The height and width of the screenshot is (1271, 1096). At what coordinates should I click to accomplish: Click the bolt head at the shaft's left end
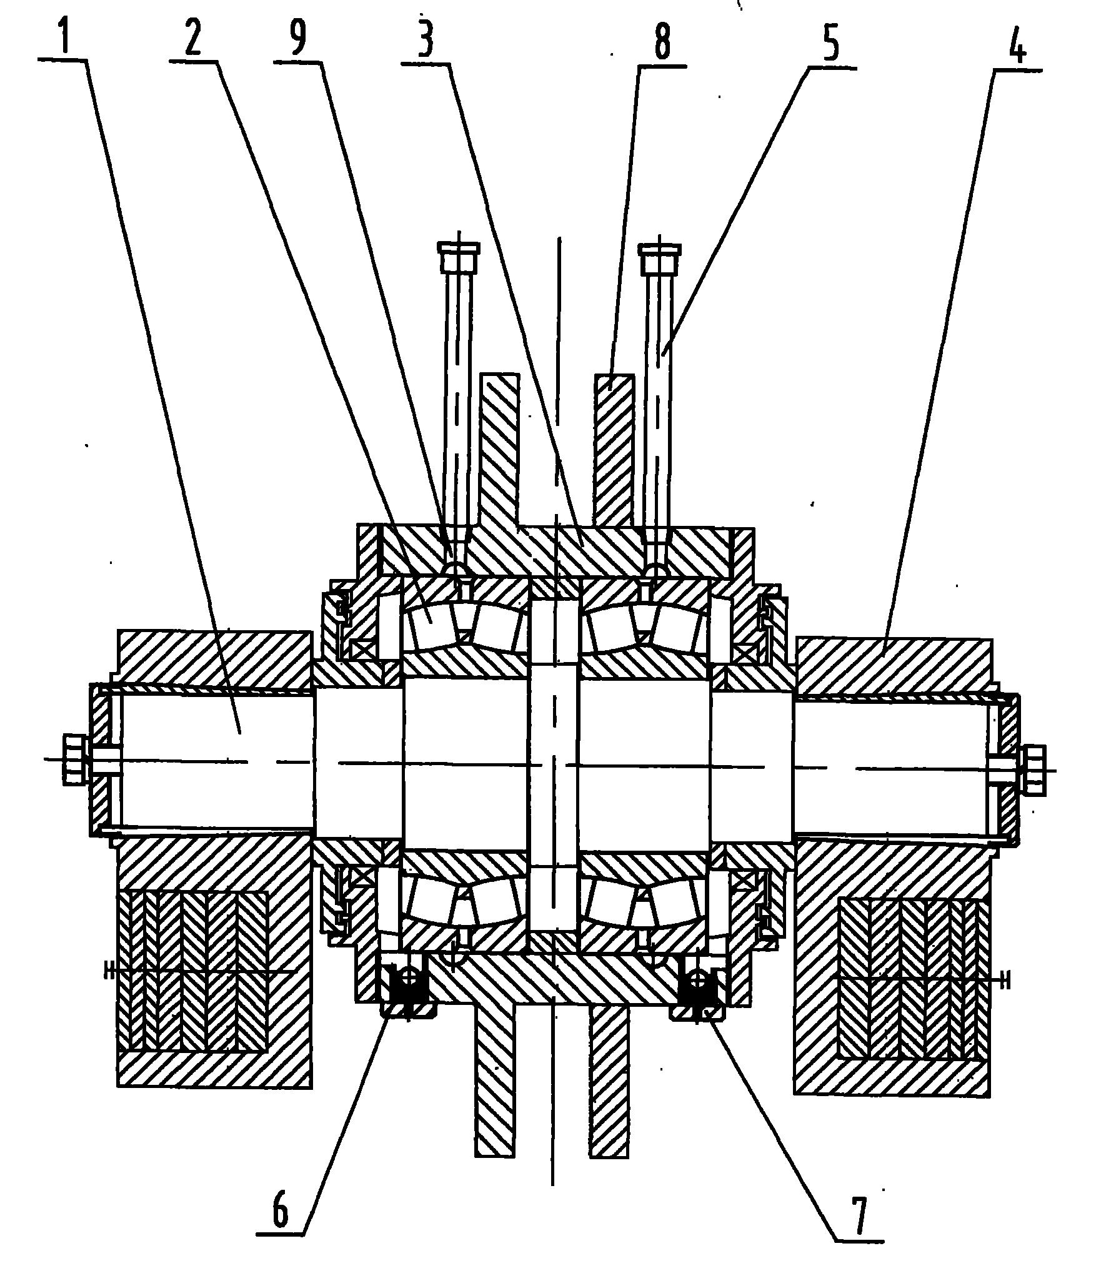74,759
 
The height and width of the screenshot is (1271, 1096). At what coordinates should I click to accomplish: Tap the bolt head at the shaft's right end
1035,769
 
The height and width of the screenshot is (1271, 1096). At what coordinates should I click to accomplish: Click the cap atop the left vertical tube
460,256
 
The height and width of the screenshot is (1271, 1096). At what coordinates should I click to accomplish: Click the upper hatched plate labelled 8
614,450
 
